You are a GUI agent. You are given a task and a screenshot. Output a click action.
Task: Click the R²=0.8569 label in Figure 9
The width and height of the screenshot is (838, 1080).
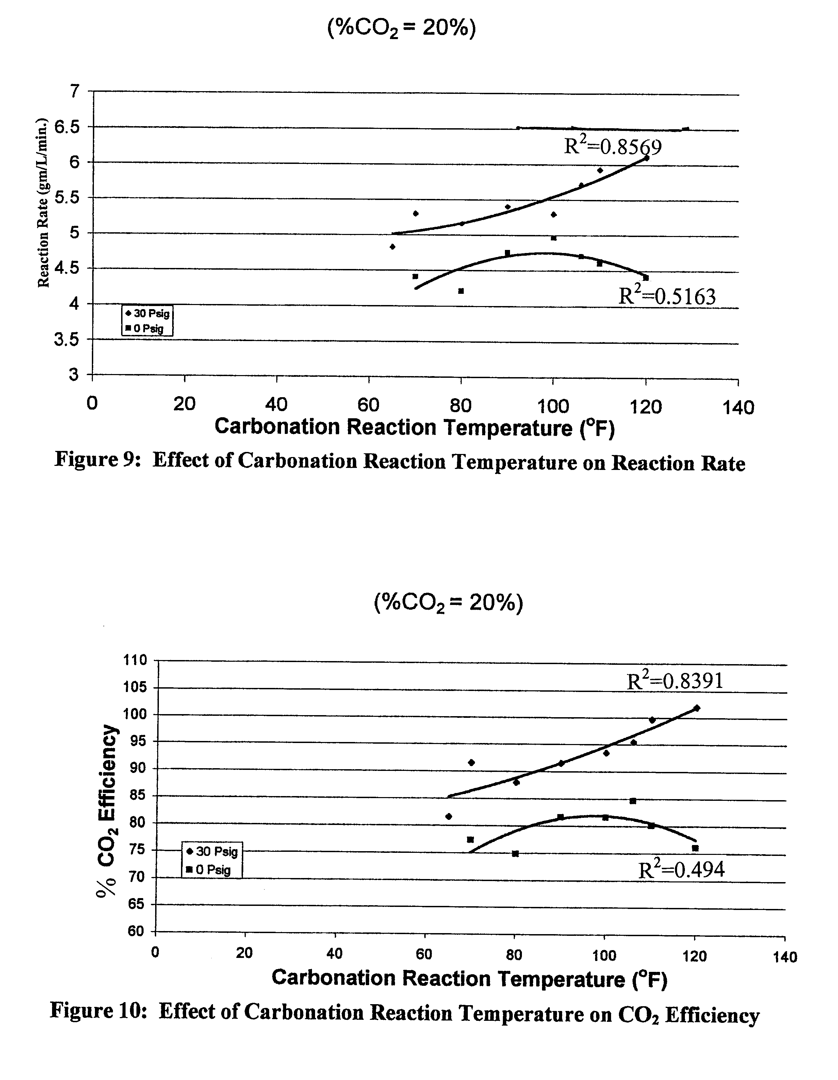(613, 147)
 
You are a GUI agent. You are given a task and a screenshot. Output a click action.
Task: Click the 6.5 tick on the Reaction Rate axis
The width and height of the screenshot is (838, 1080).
(66, 127)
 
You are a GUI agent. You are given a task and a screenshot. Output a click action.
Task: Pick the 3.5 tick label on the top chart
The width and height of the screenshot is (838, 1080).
(66, 340)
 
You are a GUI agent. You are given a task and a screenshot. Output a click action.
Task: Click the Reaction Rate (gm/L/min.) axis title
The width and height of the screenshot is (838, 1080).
(44, 202)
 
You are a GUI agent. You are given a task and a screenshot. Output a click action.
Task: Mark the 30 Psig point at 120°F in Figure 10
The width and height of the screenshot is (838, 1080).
(696, 708)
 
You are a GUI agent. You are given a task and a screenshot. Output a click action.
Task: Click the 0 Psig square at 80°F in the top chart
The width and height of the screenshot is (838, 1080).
(461, 291)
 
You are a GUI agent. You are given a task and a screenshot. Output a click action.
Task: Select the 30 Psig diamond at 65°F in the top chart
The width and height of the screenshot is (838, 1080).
(392, 246)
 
